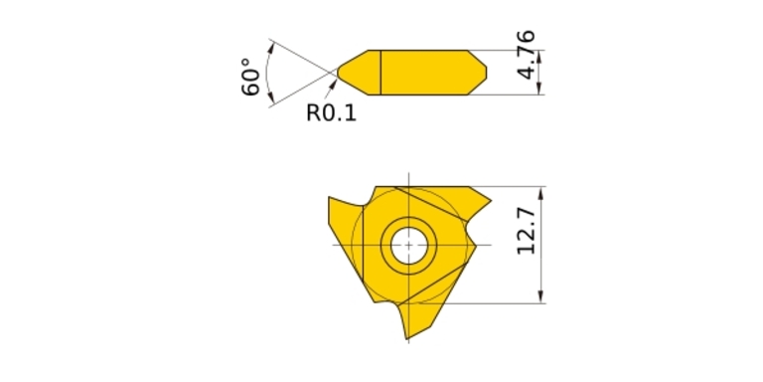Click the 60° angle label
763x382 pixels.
pyautogui.click(x=251, y=77)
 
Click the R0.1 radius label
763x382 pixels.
pyautogui.click(x=331, y=113)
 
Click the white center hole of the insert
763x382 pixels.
pyautogui.click(x=408, y=245)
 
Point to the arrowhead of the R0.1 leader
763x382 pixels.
pyautogui.click(x=334, y=84)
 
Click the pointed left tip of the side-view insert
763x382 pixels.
pyautogui.click(x=339, y=73)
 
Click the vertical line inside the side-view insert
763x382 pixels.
pyautogui.click(x=381, y=72)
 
